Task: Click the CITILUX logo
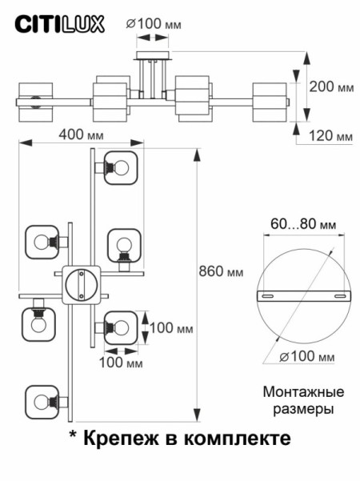61,25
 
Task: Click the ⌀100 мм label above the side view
154,23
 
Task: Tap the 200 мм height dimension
330,86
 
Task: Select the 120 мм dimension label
332,137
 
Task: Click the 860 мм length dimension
221,271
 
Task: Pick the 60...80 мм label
302,225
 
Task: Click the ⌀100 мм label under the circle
309,357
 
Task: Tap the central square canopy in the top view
80,283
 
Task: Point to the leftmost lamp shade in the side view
34,101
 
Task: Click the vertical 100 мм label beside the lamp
172,327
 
